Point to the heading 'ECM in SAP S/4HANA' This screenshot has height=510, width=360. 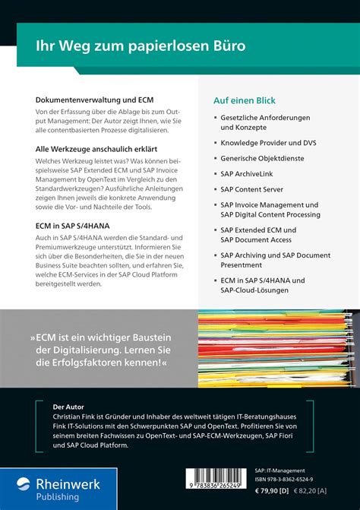(x=72, y=226)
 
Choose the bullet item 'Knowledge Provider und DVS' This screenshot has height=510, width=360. (x=268, y=141)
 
